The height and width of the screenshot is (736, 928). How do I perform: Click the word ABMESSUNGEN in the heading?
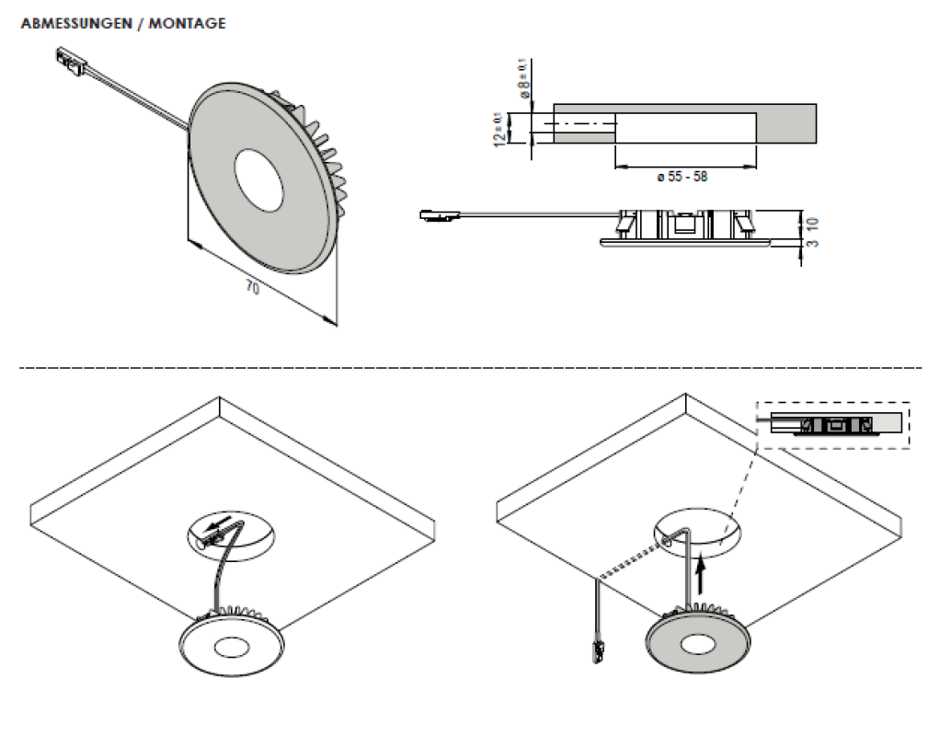point(74,24)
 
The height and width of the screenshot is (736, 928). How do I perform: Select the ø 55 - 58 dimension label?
point(683,177)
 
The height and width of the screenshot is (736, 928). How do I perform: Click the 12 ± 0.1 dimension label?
point(499,129)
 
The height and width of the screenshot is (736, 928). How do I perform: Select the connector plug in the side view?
point(439,217)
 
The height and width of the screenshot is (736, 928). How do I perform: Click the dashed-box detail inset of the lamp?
point(831,424)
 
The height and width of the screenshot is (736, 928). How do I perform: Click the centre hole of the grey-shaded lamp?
point(701,642)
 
